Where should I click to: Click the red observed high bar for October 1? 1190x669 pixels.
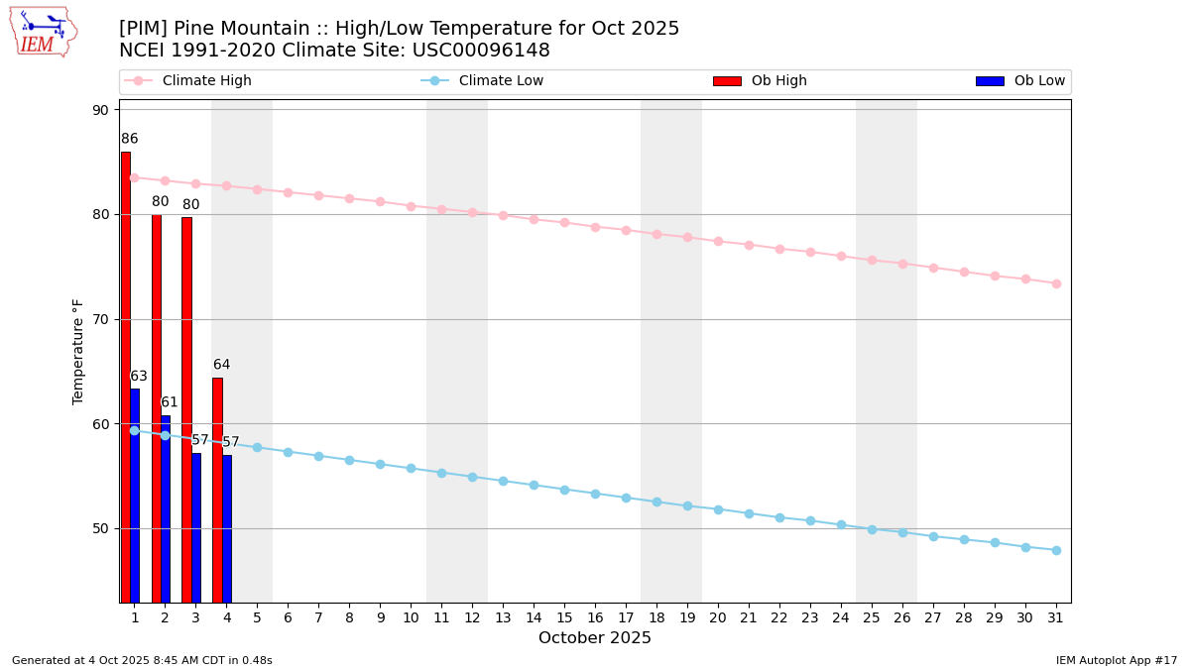tap(125, 377)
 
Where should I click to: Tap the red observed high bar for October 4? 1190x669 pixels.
tap(217, 490)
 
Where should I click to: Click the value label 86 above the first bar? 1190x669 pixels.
tap(130, 139)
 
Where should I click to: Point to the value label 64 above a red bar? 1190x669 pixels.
tap(221, 365)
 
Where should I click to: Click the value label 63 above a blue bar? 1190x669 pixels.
tap(139, 377)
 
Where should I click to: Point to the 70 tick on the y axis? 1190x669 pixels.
tap(101, 319)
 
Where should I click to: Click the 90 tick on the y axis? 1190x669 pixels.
tap(101, 110)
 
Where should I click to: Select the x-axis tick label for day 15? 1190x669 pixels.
tap(564, 617)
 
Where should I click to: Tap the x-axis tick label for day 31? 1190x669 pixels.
tap(1056, 617)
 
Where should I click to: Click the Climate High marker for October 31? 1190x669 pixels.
tap(1056, 283)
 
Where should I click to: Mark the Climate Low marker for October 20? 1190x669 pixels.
tap(718, 509)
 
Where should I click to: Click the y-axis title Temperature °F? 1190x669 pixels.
tap(78, 351)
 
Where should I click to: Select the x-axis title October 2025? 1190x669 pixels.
tap(595, 638)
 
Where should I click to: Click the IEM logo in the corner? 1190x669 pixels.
tap(43, 32)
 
